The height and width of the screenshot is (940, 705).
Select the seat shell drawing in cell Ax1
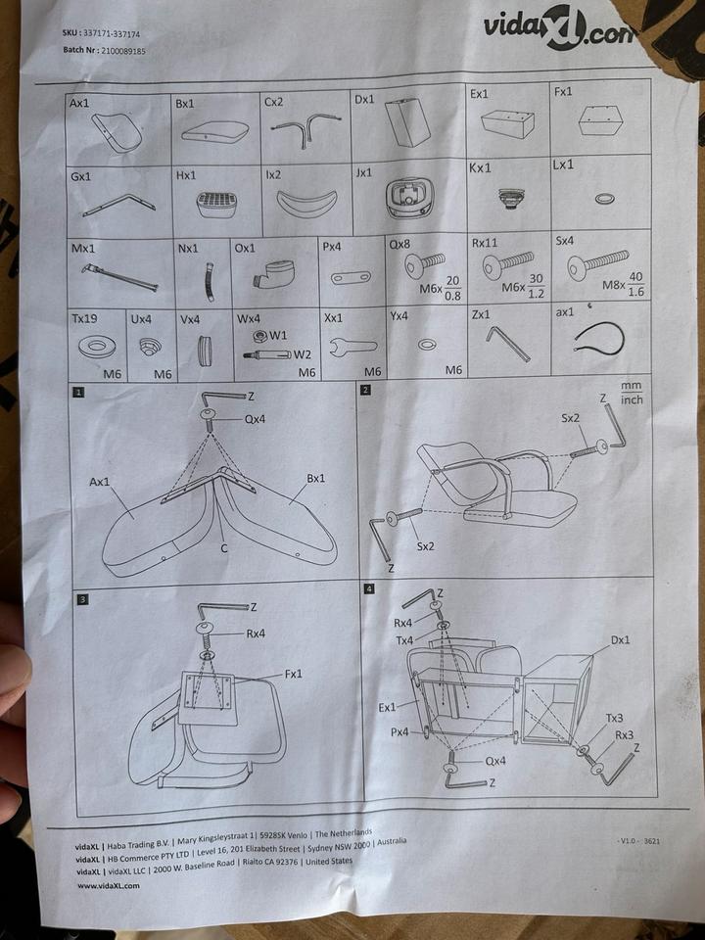[117, 131]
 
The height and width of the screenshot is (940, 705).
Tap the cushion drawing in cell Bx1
[214, 131]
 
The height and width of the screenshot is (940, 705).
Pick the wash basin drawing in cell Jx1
[405, 200]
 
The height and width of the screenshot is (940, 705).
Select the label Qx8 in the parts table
[399, 243]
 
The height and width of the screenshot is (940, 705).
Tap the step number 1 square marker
[77, 393]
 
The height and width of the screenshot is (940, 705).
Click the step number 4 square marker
[369, 588]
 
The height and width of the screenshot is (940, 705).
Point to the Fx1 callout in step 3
[295, 674]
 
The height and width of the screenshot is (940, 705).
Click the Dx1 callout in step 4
[621, 639]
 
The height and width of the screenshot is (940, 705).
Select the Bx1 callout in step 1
[315, 478]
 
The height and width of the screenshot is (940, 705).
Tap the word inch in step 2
[633, 399]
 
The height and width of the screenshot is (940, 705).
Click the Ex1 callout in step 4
[388, 707]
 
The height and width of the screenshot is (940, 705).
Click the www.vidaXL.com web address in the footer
[108, 885]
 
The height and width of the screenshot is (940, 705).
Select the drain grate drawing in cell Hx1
[216, 203]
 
